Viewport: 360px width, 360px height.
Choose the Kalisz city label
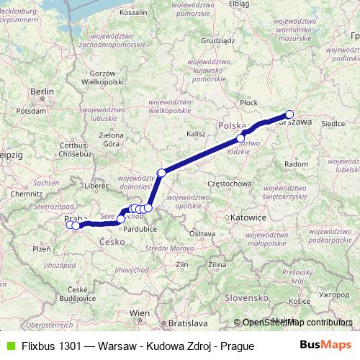[x=196, y=134]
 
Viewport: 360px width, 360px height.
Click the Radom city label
[x=296, y=164]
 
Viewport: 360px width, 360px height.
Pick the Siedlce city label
[x=333, y=123]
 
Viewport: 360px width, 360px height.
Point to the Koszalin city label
[x=132, y=13]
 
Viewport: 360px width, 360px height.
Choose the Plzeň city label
[x=41, y=248]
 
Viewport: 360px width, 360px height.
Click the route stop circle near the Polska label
[x=242, y=138]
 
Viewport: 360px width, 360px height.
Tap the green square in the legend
[x=9, y=346]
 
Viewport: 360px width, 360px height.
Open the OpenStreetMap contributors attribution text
[x=298, y=323]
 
